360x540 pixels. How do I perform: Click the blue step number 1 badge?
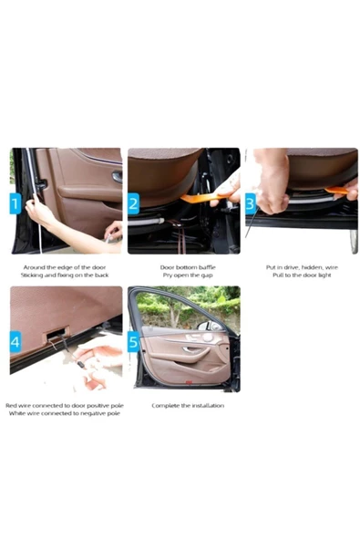(15, 203)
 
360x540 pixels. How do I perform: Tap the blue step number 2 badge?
(133, 203)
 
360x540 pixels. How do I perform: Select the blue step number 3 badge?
(251, 203)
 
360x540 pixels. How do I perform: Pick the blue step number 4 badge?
(15, 342)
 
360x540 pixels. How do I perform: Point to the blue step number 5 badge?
(133, 342)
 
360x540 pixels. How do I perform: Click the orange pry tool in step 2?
(203, 197)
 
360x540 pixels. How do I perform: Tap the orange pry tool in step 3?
(336, 190)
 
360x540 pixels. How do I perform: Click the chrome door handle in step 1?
(117, 177)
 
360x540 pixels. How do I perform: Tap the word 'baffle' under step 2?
(207, 267)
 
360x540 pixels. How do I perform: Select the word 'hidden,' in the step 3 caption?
(313, 267)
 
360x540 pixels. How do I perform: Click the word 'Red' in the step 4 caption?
(11, 405)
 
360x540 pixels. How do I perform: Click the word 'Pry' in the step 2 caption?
(168, 275)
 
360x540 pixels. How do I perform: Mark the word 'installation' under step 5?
(208, 405)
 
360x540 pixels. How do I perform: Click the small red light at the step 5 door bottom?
(190, 381)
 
